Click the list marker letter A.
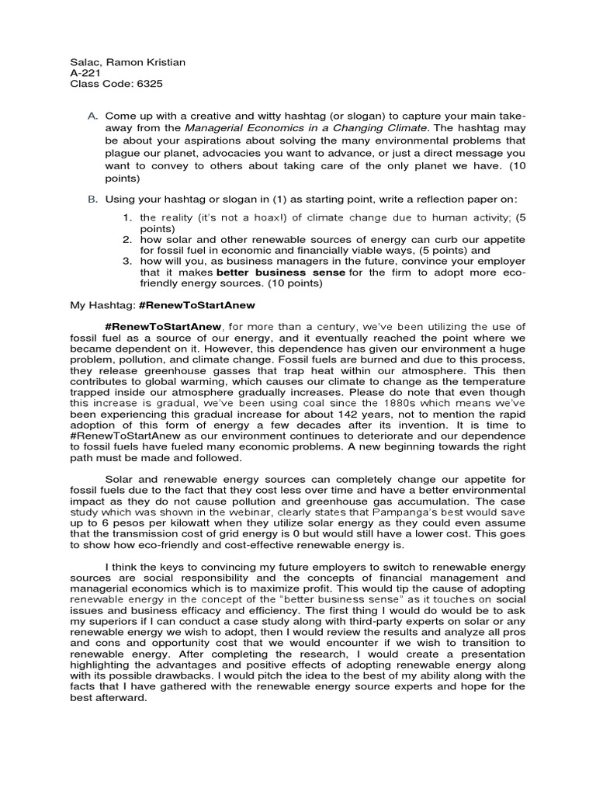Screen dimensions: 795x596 [92, 116]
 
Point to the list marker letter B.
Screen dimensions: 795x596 [92, 199]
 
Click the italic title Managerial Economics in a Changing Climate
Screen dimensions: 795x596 [307, 127]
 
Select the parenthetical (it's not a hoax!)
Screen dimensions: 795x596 [221, 217]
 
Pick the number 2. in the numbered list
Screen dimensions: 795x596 [128, 240]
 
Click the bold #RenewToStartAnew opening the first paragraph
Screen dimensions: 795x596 [163, 327]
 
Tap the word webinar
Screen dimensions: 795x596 [227, 513]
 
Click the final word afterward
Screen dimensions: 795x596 [120, 698]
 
